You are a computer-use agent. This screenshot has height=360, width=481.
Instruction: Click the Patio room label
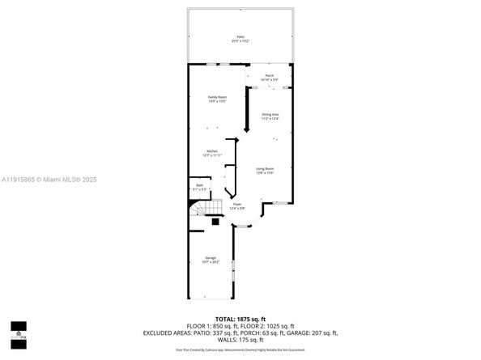[x=240, y=36]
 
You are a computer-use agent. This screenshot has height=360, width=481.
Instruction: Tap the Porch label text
[x=269, y=75]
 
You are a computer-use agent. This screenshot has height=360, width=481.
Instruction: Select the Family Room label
[x=216, y=97]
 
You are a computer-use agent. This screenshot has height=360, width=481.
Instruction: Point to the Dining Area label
[x=270, y=115]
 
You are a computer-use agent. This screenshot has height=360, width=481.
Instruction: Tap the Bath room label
[x=198, y=186]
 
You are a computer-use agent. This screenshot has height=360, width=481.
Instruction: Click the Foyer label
[x=237, y=205]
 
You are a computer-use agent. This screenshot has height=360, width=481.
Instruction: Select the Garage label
[x=210, y=258]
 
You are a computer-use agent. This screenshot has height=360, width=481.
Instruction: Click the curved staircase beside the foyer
[x=200, y=213]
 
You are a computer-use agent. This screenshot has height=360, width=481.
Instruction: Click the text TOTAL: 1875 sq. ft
[x=240, y=320]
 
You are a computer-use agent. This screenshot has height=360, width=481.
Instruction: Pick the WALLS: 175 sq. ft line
[x=240, y=339]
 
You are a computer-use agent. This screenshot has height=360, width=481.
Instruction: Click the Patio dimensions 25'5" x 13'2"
[x=240, y=40]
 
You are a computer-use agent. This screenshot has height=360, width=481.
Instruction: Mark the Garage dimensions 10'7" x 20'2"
[x=210, y=262]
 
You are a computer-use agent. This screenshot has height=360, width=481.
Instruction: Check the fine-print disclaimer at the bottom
[x=240, y=349]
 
